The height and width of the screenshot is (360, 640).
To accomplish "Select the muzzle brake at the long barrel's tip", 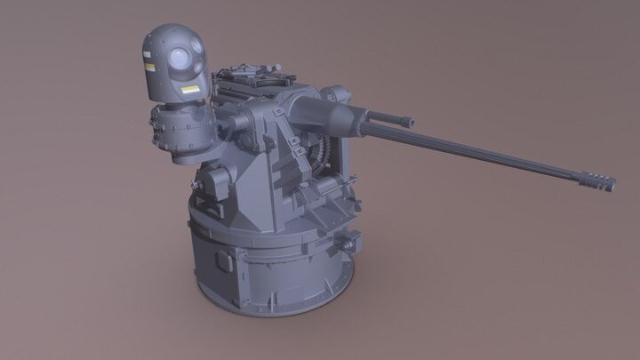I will [596, 180].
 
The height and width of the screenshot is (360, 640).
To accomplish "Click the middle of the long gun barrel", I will [480, 153].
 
